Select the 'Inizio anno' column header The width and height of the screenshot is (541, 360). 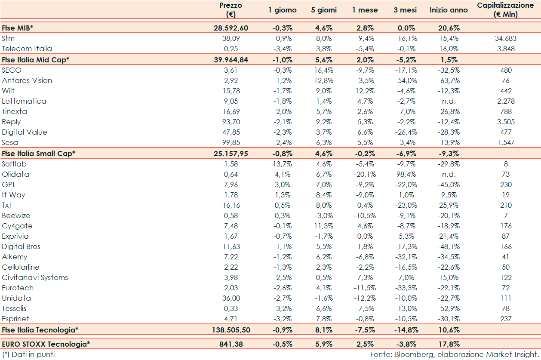[x=448, y=10]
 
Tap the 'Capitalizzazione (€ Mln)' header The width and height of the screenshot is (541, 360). [x=505, y=10]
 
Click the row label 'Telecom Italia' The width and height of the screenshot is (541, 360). [x=27, y=49]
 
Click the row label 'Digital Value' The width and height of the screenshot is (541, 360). [x=25, y=132]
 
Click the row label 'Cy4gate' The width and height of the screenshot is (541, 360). [x=17, y=226]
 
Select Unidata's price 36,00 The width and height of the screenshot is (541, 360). [x=231, y=298]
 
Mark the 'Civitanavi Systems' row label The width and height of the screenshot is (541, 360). [x=35, y=277]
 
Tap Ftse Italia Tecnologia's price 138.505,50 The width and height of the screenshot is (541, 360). [x=231, y=330]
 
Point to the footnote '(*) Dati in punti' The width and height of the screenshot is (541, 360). [x=28, y=354]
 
